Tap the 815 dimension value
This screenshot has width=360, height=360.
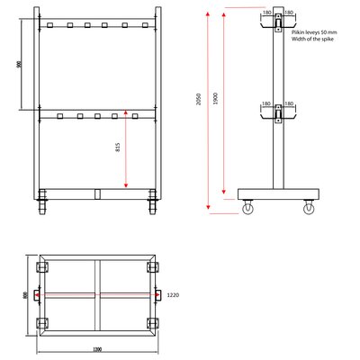click(118, 148)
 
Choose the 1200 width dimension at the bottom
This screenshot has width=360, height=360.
click(96, 349)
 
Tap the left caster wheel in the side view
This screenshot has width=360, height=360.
click(247, 209)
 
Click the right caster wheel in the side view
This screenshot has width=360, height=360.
click(310, 209)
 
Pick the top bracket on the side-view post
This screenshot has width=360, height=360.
click(278, 24)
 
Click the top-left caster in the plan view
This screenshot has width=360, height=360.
click(41, 268)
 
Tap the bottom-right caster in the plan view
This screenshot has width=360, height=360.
click(150, 323)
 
